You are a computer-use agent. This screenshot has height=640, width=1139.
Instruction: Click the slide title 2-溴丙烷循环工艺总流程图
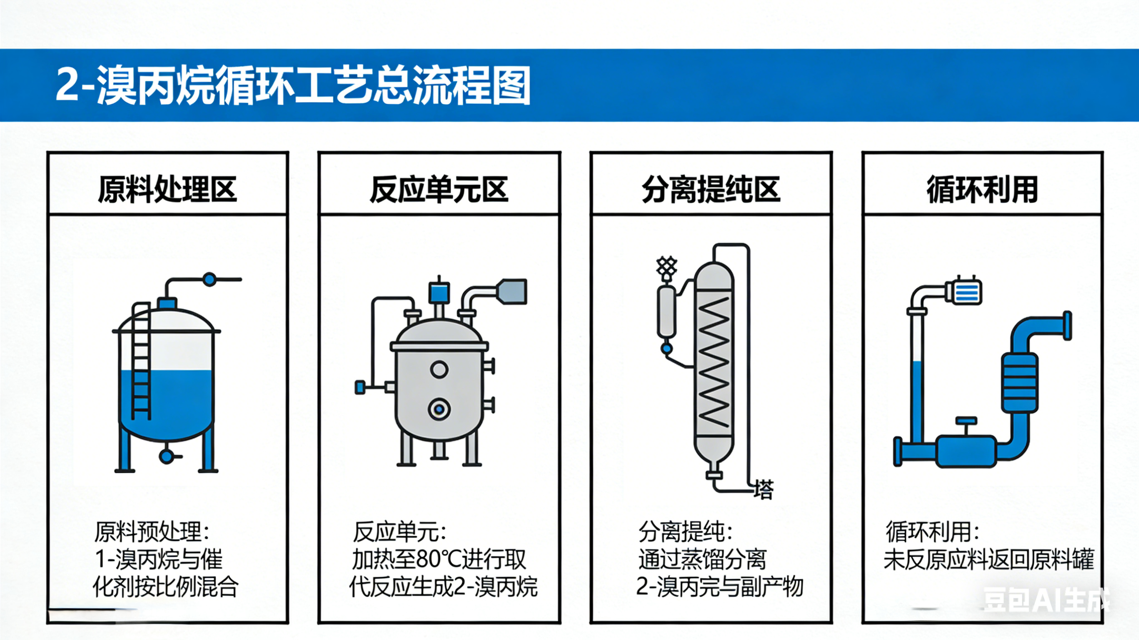pyautogui.click(x=293, y=85)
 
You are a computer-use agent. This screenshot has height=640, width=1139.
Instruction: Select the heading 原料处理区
pyautogui.click(x=167, y=189)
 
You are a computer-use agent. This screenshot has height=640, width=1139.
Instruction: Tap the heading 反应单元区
pyautogui.click(x=438, y=189)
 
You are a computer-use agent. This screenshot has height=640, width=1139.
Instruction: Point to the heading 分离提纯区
pyautogui.click(x=711, y=189)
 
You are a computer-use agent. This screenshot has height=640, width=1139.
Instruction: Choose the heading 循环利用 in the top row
pyautogui.click(x=982, y=189)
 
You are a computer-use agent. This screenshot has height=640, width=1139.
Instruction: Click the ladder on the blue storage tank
pyautogui.click(x=141, y=362)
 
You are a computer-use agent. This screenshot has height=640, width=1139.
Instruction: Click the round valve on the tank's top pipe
pyautogui.click(x=209, y=279)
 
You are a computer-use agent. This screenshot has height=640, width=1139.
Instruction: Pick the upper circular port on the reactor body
pyautogui.click(x=439, y=369)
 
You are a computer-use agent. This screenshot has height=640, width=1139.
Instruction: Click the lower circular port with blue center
pyautogui.click(x=439, y=409)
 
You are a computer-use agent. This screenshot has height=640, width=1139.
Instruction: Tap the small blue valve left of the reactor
pyautogui.click(x=360, y=388)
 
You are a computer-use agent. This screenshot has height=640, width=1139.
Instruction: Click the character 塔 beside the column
pyautogui.click(x=764, y=490)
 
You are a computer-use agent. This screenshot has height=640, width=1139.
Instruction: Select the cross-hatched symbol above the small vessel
pyautogui.click(x=666, y=268)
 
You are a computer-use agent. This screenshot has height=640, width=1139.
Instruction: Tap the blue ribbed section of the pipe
pyautogui.click(x=1019, y=383)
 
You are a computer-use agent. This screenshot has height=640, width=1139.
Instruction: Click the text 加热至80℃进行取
pyautogui.click(x=438, y=560)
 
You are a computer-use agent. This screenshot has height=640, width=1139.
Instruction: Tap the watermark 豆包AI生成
pyautogui.click(x=1045, y=600)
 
